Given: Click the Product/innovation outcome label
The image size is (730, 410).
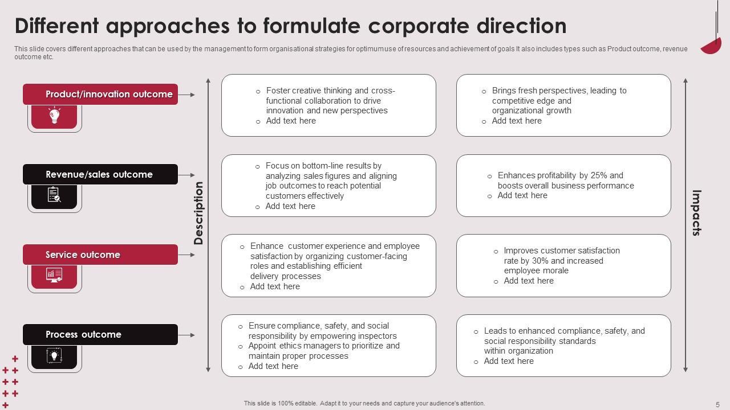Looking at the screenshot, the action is [x=109, y=95].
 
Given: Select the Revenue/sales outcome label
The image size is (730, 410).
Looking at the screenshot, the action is [x=99, y=175].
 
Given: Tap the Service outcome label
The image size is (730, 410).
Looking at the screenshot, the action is [x=83, y=255].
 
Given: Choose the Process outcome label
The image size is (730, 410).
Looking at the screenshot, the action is [x=83, y=335].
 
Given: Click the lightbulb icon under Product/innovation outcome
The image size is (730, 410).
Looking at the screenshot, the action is [x=54, y=116].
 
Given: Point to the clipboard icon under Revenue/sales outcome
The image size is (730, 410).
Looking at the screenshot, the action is [x=54, y=196].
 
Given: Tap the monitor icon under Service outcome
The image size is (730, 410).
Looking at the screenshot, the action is [x=54, y=276].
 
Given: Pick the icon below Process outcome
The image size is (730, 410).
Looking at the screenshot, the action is [x=54, y=356].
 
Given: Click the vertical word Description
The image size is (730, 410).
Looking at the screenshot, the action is [x=198, y=213].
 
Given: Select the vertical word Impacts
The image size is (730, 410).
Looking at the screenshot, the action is [x=696, y=212].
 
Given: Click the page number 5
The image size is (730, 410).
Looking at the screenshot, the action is [x=717, y=404].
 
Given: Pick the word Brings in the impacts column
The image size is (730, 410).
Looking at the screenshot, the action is [x=504, y=91].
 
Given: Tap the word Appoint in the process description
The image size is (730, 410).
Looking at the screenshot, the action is [x=263, y=346].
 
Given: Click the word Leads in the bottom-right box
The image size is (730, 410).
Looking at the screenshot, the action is [x=495, y=331].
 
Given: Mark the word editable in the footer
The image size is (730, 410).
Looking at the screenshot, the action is [x=303, y=403].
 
